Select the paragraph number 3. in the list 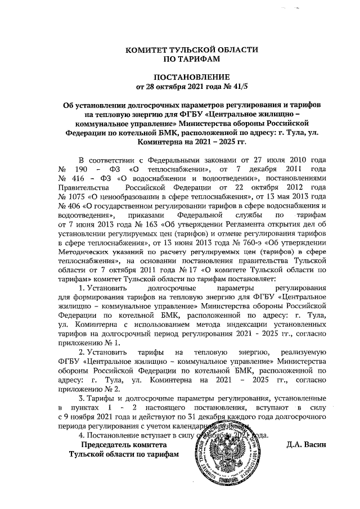[x=82, y=398]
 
